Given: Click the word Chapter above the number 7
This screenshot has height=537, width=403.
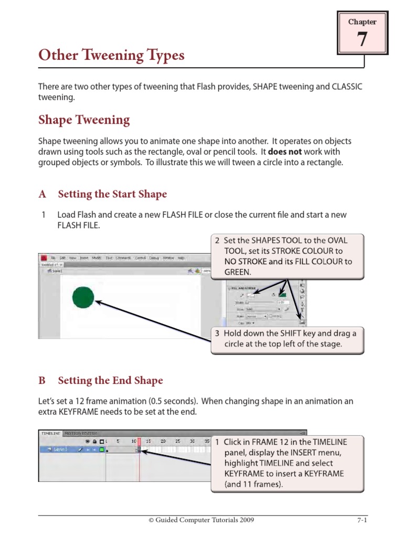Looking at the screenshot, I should [362, 22].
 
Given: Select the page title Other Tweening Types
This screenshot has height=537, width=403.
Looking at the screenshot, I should [111, 56].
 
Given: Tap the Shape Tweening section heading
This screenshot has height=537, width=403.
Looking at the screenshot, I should [84, 120].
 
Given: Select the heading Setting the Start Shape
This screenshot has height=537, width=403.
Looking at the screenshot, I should [112, 195].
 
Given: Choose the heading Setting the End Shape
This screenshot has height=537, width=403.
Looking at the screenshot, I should [110, 381].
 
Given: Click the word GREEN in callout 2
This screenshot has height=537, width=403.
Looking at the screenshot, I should [238, 272].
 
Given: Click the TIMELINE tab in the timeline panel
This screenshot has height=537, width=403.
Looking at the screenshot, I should [50, 434].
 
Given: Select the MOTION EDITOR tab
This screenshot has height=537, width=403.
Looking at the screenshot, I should [81, 434].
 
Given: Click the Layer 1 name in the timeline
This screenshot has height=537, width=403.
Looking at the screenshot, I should [57, 449].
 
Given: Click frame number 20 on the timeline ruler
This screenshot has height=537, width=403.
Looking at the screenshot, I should [163, 442].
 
